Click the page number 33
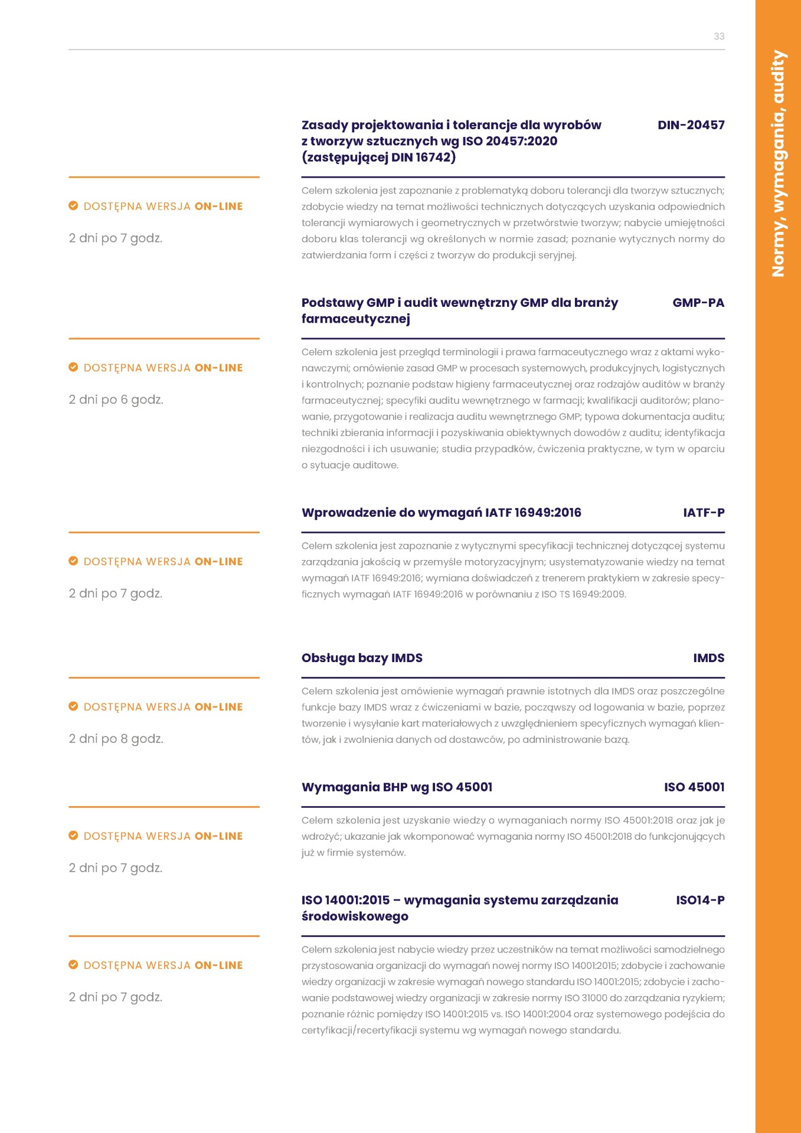click(718, 37)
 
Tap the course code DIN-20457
click(691, 125)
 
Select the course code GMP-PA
click(698, 303)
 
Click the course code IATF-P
click(704, 513)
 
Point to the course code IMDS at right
click(708, 658)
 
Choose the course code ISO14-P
click(700, 900)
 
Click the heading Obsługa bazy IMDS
click(362, 658)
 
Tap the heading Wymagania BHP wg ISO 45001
click(397, 787)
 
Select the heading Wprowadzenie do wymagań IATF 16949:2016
click(441, 513)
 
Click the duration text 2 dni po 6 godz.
click(116, 400)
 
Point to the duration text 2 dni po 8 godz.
click(116, 739)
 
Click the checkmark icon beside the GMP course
click(73, 368)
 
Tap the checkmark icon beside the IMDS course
click(73, 706)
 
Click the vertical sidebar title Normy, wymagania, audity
click(778, 163)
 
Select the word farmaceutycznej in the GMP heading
click(355, 319)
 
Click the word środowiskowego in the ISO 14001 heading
click(355, 917)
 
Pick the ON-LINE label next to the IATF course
click(218, 562)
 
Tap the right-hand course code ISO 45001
click(694, 787)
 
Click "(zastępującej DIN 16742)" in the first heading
click(378, 158)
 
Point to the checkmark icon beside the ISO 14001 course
click(73, 965)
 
